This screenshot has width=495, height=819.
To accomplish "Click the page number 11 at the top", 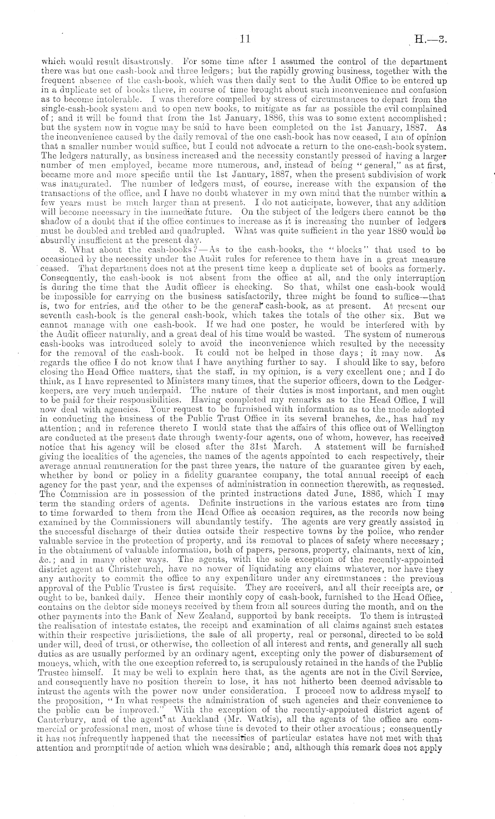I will [x=245, y=39].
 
